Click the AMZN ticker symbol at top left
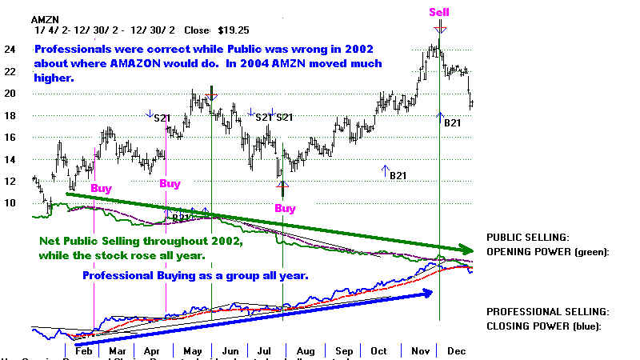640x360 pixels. click(x=45, y=18)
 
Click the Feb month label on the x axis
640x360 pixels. click(x=83, y=350)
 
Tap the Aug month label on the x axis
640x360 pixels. click(x=304, y=350)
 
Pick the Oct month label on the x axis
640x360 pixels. click(x=379, y=350)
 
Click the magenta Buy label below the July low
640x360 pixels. click(x=285, y=209)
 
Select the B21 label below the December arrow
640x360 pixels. click(x=454, y=122)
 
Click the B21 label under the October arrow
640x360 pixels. click(x=398, y=175)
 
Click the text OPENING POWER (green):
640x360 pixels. click(x=547, y=252)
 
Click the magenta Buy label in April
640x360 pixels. click(x=170, y=183)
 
